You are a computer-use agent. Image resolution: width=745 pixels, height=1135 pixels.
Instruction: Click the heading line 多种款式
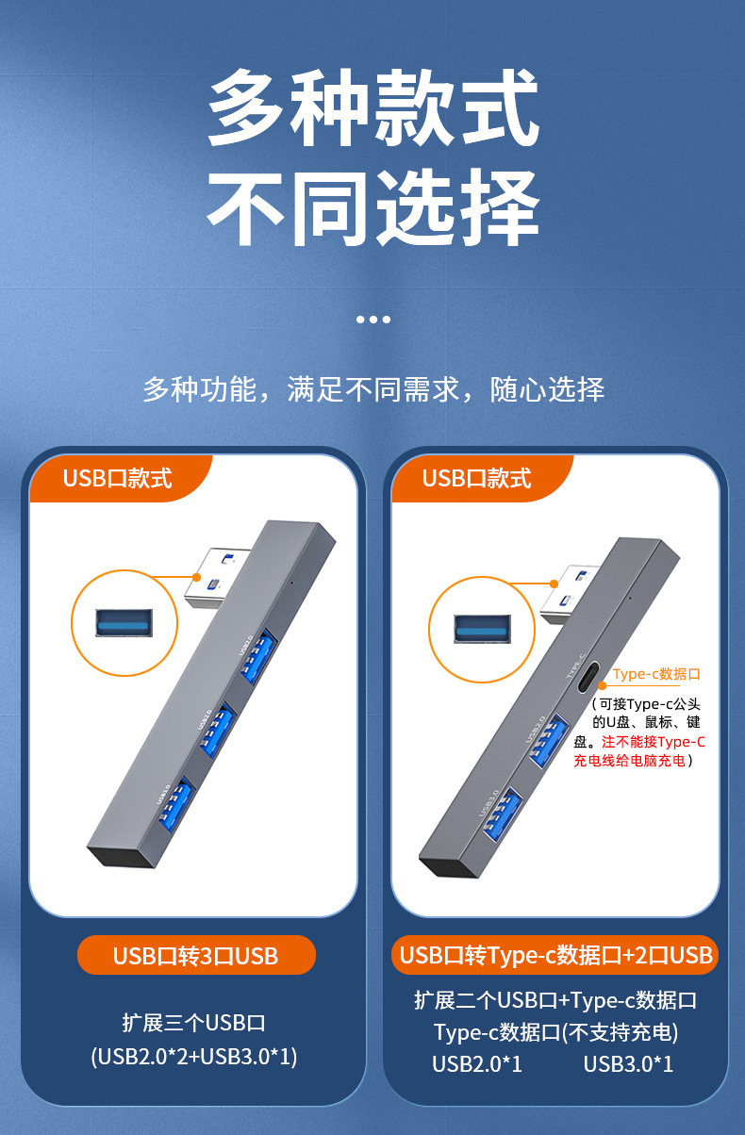[x=372, y=111]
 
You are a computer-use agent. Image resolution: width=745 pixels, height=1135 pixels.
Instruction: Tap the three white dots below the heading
[x=372, y=320]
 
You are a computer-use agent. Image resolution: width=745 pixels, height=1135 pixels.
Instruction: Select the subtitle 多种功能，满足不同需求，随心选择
[x=372, y=388]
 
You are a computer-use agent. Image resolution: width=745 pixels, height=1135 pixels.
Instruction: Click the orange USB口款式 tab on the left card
[x=117, y=478]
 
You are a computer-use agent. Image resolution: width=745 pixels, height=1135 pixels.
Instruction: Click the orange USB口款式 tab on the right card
[x=476, y=478]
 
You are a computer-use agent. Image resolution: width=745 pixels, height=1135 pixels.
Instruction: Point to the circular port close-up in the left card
[x=124, y=624]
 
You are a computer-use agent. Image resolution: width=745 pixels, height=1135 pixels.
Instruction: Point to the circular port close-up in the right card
[x=481, y=629]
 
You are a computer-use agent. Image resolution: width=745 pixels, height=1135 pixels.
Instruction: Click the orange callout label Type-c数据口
[x=656, y=674]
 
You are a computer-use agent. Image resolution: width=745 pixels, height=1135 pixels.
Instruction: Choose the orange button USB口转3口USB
[x=195, y=955]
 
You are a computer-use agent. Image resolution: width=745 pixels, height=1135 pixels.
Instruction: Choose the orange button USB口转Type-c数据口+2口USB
[x=555, y=955]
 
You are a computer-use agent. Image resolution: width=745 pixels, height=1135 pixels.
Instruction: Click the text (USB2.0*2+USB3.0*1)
[x=194, y=1057]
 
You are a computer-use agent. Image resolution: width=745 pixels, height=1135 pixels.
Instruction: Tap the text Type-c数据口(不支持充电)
[x=555, y=1032]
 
